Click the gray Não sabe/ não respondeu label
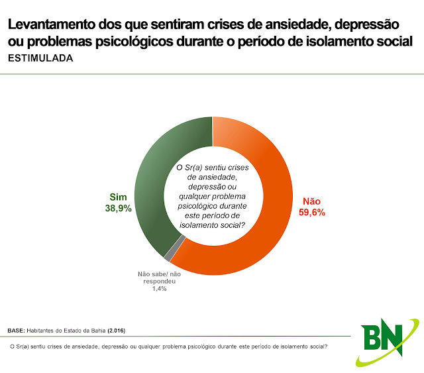(159, 278)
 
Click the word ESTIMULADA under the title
(40, 58)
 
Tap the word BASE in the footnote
(15, 330)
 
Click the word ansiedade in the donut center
(212, 178)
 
